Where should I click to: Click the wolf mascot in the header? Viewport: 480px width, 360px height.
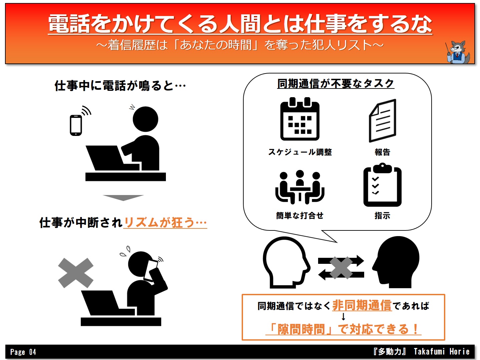[458, 52]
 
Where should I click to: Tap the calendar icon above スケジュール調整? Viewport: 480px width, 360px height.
[300, 119]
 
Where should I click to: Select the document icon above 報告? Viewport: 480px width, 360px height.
[383, 121]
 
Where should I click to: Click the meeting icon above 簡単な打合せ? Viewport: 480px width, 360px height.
[300, 187]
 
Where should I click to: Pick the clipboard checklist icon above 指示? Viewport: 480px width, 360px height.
[383, 185]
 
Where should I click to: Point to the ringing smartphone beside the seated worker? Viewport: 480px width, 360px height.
[76, 125]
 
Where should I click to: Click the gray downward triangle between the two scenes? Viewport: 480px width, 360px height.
[123, 198]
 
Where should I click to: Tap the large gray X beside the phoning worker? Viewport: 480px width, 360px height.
[76, 273]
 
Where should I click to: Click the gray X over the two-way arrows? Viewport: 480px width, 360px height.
[341, 268]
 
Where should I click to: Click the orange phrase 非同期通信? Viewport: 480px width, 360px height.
[362, 305]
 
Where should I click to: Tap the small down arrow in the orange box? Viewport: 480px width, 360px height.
[343, 317]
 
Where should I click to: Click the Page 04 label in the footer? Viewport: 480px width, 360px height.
[23, 352]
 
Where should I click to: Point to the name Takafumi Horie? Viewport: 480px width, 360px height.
[442, 352]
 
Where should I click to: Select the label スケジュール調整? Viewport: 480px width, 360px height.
[300, 152]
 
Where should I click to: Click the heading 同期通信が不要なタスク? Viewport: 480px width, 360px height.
[336, 83]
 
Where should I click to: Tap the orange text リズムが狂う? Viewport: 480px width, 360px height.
[159, 223]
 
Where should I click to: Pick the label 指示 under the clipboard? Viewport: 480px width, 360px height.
[383, 216]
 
